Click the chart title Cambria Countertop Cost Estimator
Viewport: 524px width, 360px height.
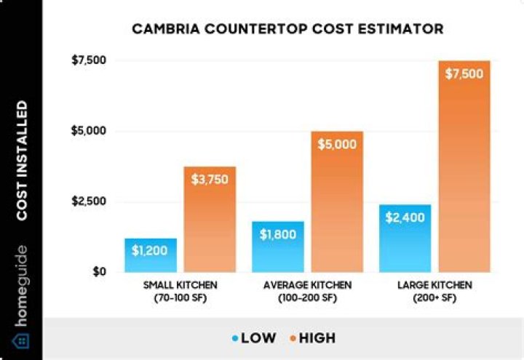pos(287,29)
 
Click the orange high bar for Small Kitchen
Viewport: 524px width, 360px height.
pos(210,219)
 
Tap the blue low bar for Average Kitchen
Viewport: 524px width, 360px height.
pos(278,247)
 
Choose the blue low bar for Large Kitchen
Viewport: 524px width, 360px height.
pos(405,238)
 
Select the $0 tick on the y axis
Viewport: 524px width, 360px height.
pos(99,271)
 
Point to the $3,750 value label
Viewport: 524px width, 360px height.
pos(210,180)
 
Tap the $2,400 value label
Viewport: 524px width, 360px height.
pos(405,217)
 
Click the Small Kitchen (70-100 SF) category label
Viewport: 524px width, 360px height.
pos(179,291)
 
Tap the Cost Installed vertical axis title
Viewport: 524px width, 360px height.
pos(22,161)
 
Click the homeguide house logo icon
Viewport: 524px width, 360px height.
pos(21,340)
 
